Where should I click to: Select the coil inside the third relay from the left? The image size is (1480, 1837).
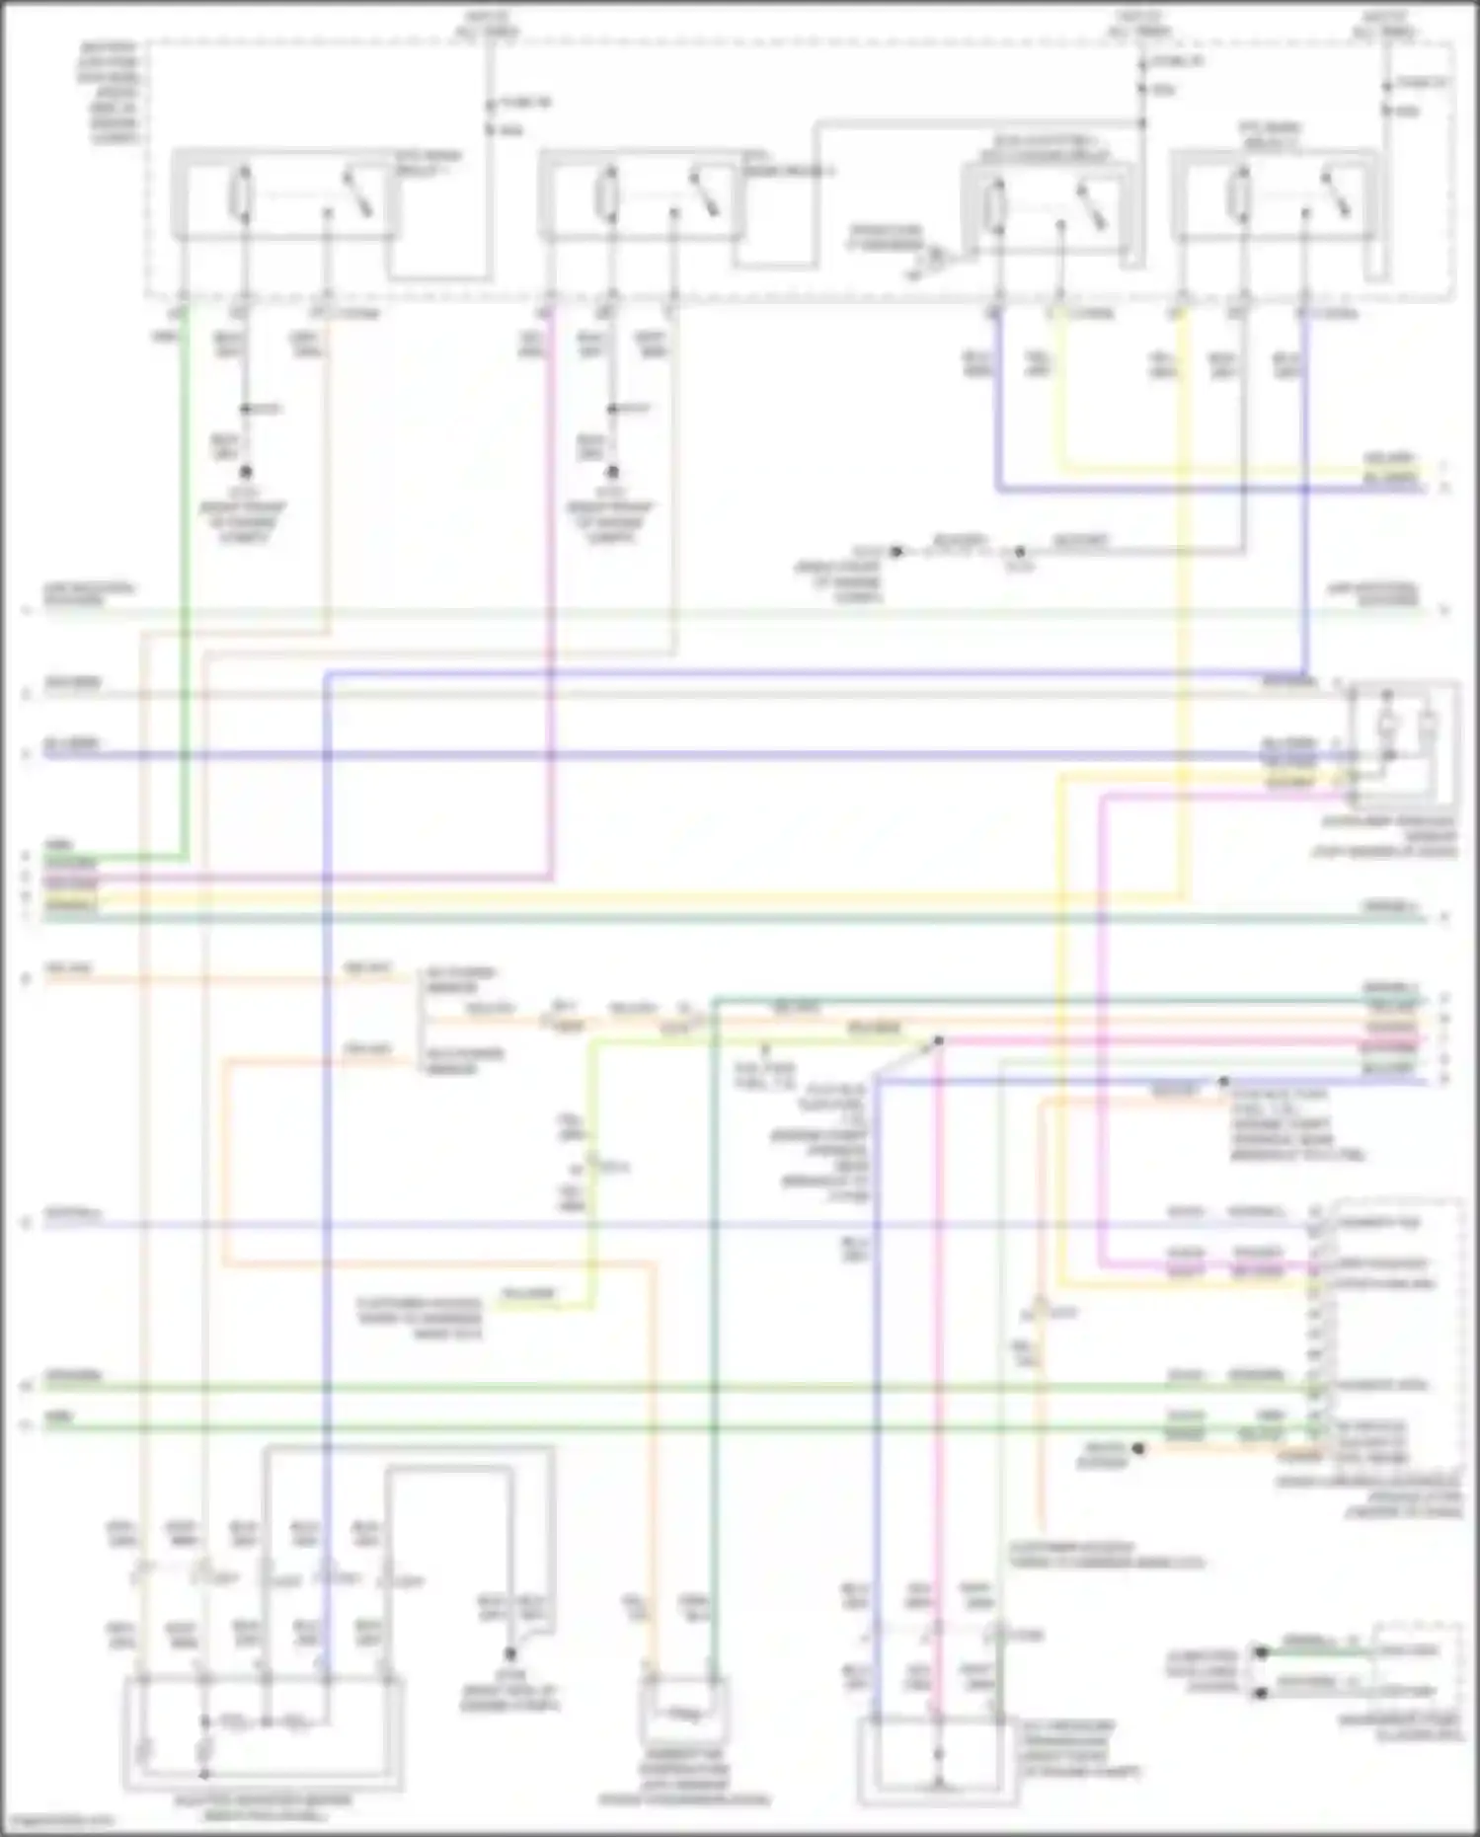[x=997, y=202]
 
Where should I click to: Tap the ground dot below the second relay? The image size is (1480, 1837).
[x=612, y=473]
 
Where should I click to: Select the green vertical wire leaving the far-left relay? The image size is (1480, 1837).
[x=184, y=592]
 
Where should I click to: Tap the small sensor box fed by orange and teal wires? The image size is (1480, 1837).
[x=683, y=1714]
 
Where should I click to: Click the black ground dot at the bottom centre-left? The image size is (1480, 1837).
[x=510, y=1653]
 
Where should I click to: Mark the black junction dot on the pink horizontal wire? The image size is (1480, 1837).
[x=939, y=1041]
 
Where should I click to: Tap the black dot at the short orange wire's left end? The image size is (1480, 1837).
[x=1138, y=1449]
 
